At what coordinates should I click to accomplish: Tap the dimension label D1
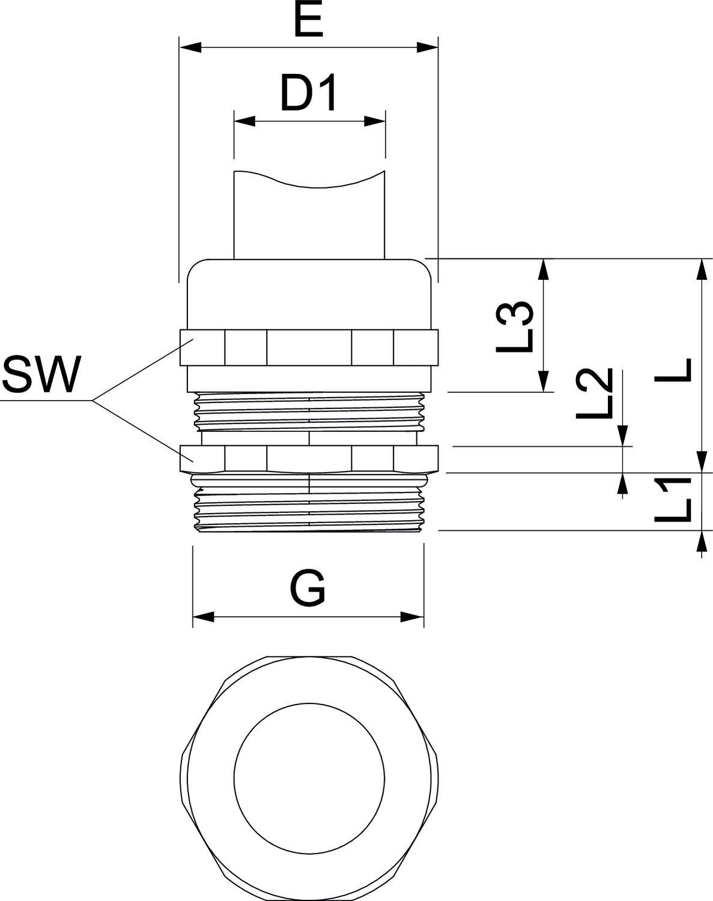coord(309,94)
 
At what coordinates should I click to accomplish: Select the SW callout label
coord(41,375)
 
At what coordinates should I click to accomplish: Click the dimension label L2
coord(594,394)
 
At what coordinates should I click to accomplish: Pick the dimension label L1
coord(673,500)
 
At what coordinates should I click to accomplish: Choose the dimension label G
coord(308,589)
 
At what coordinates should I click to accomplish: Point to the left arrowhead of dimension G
coord(204,617)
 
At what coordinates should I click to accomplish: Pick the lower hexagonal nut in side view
coord(309,458)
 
